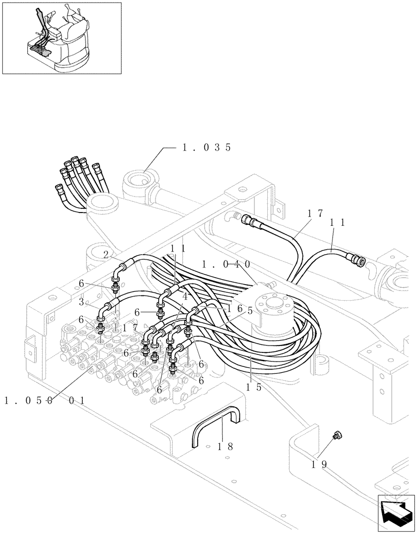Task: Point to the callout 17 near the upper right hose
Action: [315, 214]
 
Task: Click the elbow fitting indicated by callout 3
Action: [105, 310]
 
